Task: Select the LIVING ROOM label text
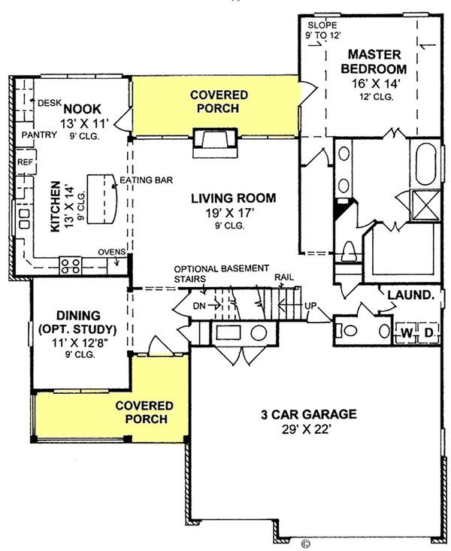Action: point(233,198)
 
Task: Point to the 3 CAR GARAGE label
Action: point(308,414)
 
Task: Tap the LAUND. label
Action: point(410,295)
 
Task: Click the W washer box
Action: point(407,332)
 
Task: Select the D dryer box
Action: point(429,332)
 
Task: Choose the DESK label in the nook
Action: point(49,102)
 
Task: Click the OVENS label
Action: point(110,252)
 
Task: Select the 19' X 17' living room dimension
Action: point(233,213)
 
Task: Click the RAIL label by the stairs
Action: point(284,277)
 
